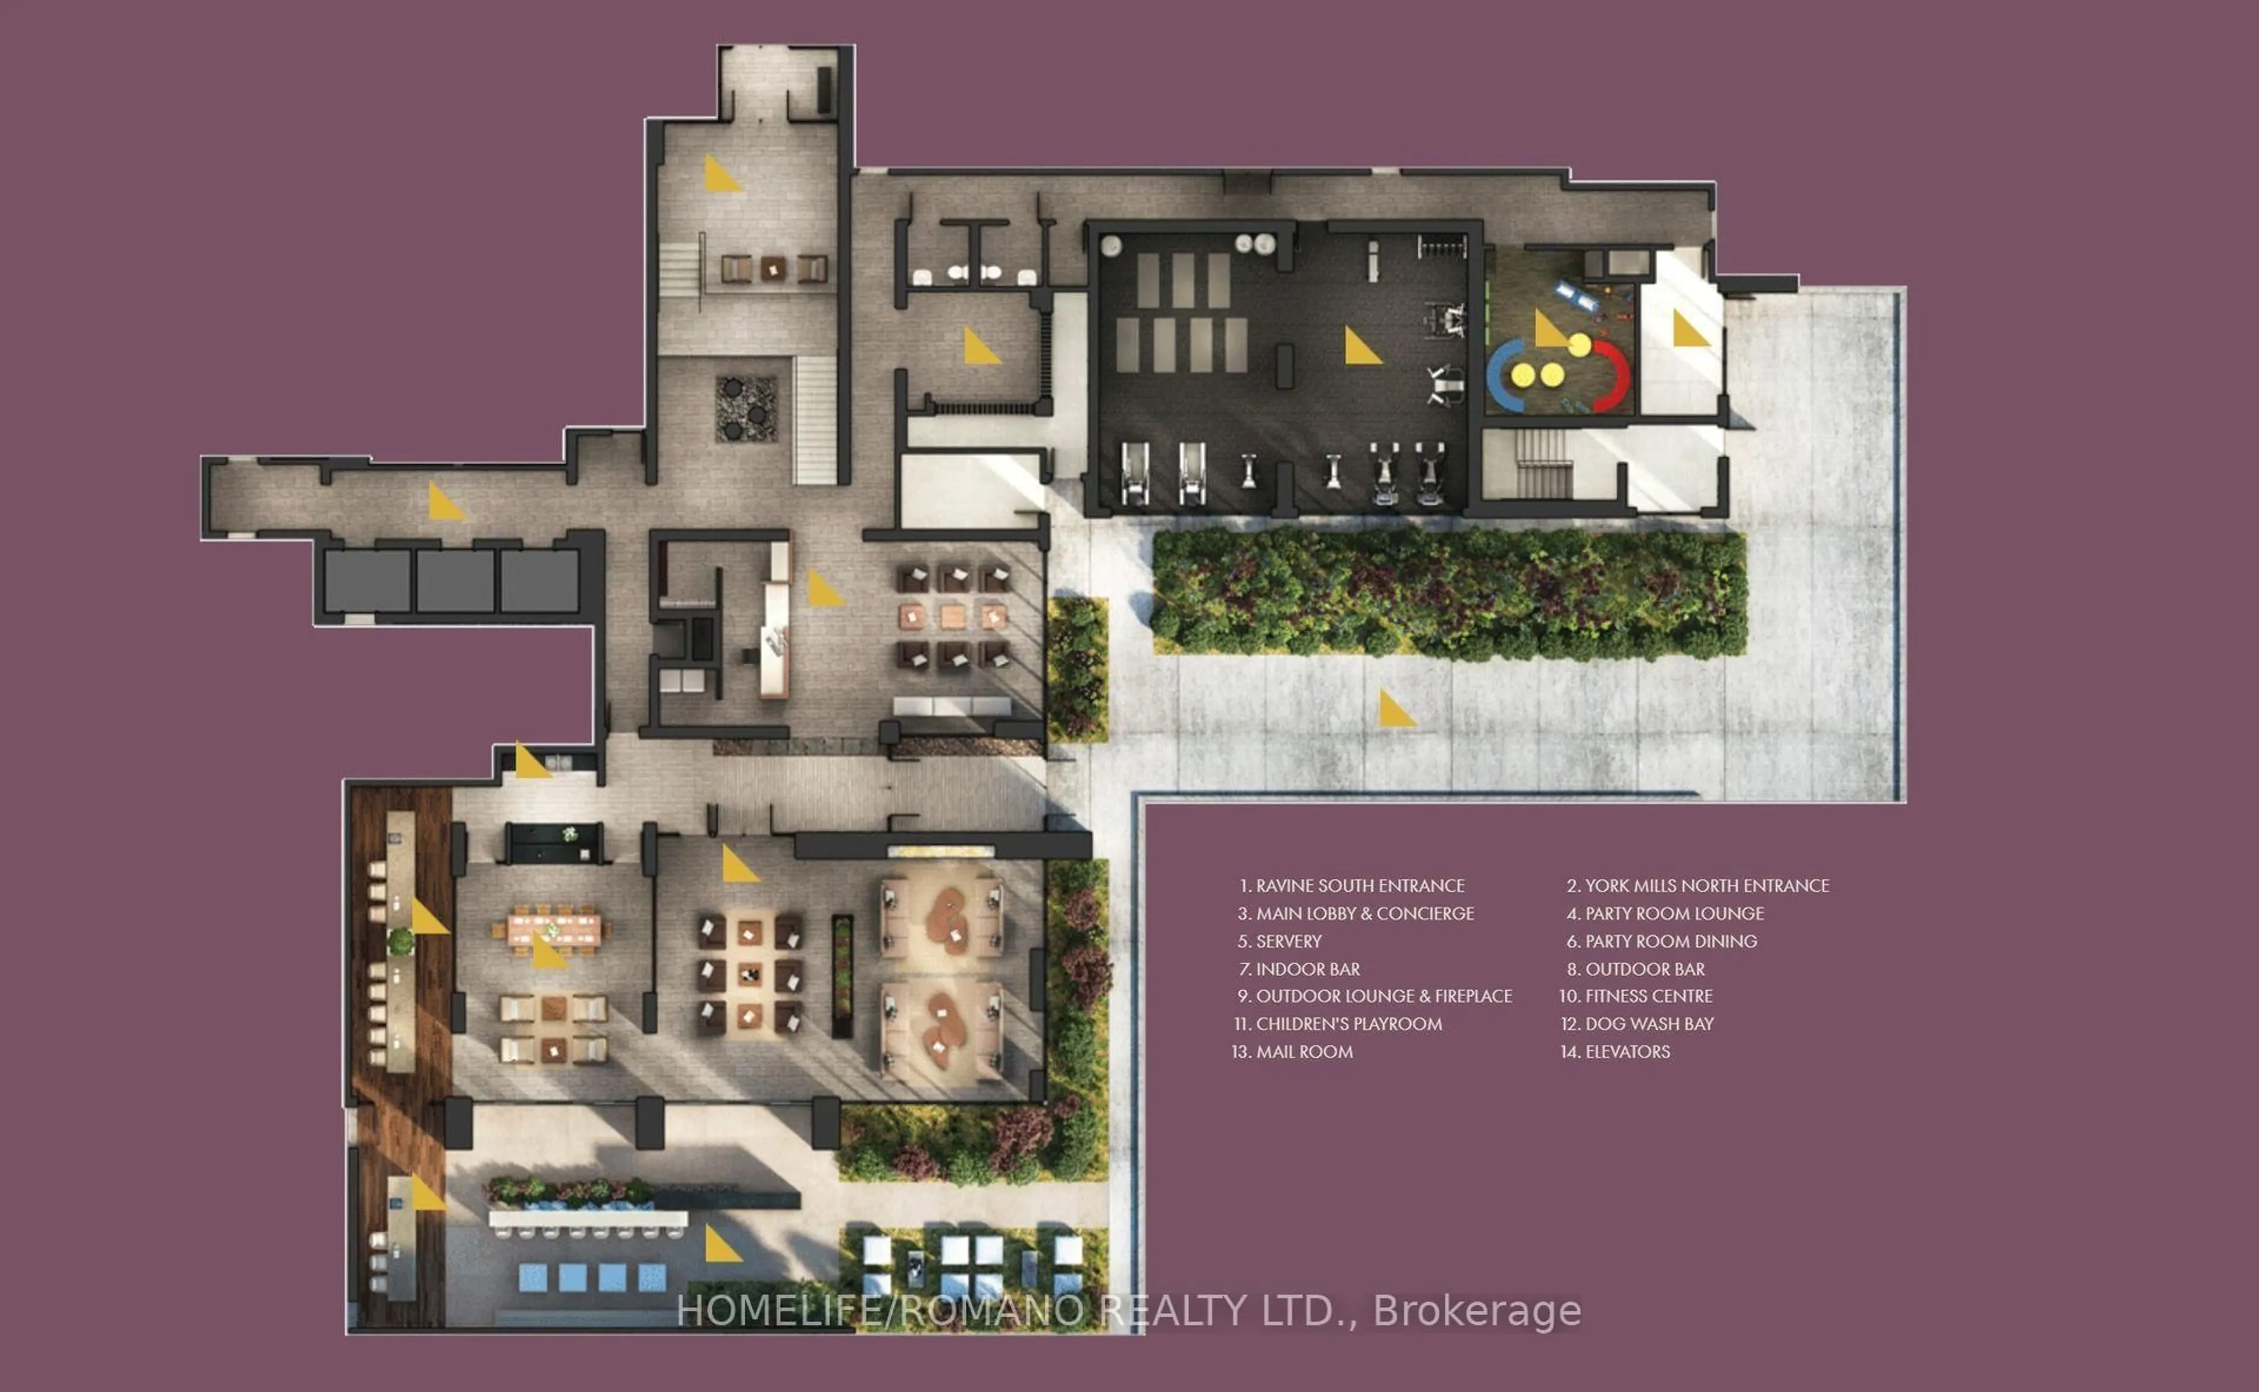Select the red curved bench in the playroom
pos(1613,375)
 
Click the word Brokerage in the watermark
pos(1477,1311)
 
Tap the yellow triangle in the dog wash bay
pos(1688,329)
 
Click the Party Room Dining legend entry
pos(1670,941)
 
